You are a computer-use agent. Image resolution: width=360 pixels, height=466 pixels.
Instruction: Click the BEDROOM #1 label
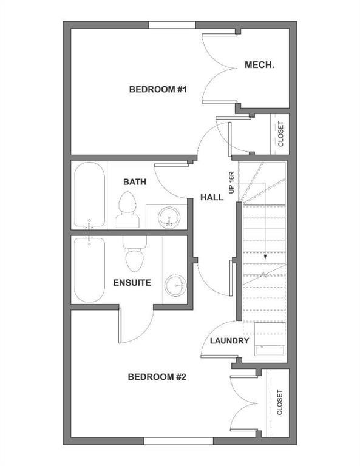click(x=157, y=90)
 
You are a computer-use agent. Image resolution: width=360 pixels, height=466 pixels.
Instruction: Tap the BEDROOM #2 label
click(x=157, y=377)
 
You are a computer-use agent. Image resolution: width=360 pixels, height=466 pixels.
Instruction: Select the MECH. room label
click(x=260, y=65)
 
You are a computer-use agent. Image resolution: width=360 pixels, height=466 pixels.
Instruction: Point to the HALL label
click(x=212, y=198)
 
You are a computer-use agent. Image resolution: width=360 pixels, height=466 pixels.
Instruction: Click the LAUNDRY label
click(x=229, y=341)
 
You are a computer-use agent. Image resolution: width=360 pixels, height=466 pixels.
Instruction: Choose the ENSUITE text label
click(x=132, y=283)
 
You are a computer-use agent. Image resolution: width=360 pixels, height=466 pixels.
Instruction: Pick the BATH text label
click(x=134, y=181)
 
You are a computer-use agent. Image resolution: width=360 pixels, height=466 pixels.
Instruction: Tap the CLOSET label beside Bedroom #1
click(x=280, y=135)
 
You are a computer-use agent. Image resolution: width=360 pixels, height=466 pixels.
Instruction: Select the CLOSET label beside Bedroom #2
click(x=280, y=402)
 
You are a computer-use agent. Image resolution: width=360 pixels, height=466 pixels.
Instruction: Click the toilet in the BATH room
click(x=127, y=209)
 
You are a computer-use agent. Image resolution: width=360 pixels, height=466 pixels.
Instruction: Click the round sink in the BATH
click(x=168, y=217)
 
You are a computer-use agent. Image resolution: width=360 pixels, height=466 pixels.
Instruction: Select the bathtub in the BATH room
click(x=89, y=196)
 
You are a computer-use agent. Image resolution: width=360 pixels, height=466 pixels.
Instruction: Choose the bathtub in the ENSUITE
click(x=89, y=270)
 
